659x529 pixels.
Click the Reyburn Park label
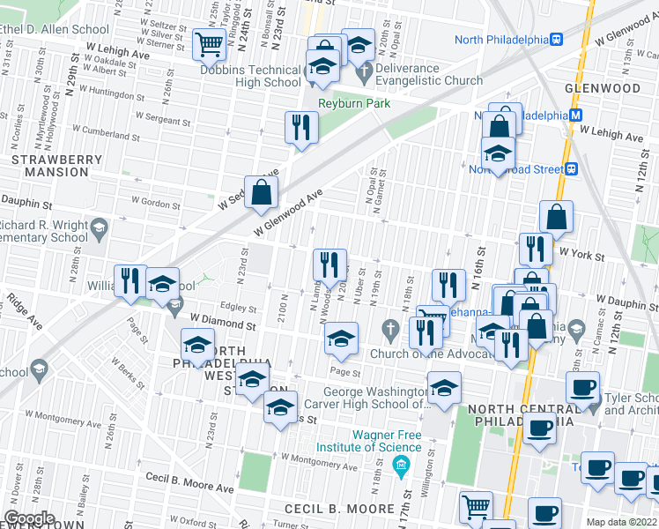(x=353, y=104)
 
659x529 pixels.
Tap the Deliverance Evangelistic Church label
(x=429, y=75)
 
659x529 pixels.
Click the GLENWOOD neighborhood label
(x=603, y=89)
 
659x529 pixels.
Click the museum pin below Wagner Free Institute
(x=402, y=465)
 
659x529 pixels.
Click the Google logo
(x=29, y=518)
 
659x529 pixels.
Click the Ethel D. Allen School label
(x=55, y=29)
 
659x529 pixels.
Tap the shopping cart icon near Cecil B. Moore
(x=476, y=507)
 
